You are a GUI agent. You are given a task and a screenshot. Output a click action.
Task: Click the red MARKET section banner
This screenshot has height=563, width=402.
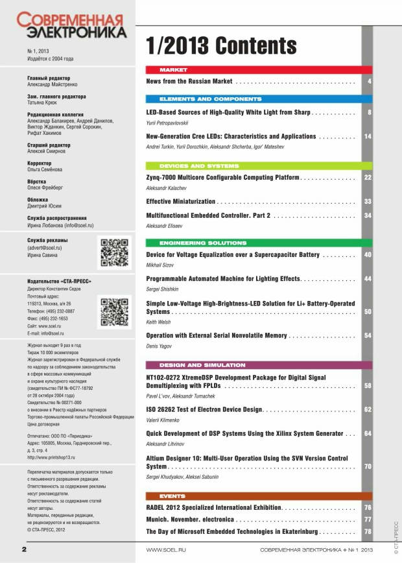coord(259,69)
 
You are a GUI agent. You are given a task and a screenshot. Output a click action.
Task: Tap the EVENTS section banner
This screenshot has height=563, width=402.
coord(259,496)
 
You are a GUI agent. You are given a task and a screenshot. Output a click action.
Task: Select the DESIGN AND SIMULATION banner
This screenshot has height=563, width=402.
coord(259,365)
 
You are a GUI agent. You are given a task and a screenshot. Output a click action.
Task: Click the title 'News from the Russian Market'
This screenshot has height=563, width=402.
coord(189,82)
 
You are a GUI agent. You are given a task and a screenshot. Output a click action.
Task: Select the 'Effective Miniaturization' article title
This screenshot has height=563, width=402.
coord(180,202)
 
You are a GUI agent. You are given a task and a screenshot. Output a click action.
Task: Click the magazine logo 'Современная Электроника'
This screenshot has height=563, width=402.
coord(71,25)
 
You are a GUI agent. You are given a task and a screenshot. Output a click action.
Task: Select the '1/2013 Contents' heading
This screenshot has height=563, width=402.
coord(221,46)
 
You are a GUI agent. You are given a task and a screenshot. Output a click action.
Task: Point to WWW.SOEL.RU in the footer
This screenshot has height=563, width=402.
coord(163,550)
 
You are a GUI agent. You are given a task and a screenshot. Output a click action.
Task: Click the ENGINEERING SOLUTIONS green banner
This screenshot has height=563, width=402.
coord(259,243)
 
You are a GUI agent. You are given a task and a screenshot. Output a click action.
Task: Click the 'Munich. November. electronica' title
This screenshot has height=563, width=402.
coord(190,520)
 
